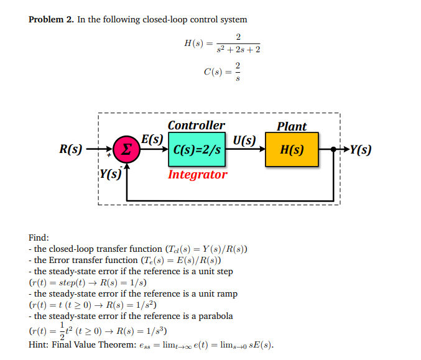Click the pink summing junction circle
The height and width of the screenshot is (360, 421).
tap(126, 150)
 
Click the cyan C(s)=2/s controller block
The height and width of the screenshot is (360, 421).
tap(196, 150)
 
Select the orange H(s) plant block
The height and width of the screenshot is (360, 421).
tap(292, 150)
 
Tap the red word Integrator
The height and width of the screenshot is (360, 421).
tap(198, 175)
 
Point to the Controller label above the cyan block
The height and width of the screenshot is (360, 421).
tap(197, 126)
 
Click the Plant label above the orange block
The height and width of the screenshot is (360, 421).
tap(292, 126)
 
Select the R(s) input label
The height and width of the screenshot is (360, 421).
tap(70, 149)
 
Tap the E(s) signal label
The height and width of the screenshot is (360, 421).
tap(152, 139)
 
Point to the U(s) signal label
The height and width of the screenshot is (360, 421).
tap(244, 139)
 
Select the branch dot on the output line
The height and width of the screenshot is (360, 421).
tap(333, 150)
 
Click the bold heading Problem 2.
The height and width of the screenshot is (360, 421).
tap(52, 20)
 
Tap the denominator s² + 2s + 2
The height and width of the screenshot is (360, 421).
tap(239, 50)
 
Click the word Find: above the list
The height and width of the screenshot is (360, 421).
tap(39, 238)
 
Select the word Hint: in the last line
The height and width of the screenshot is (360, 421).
tap(40, 345)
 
